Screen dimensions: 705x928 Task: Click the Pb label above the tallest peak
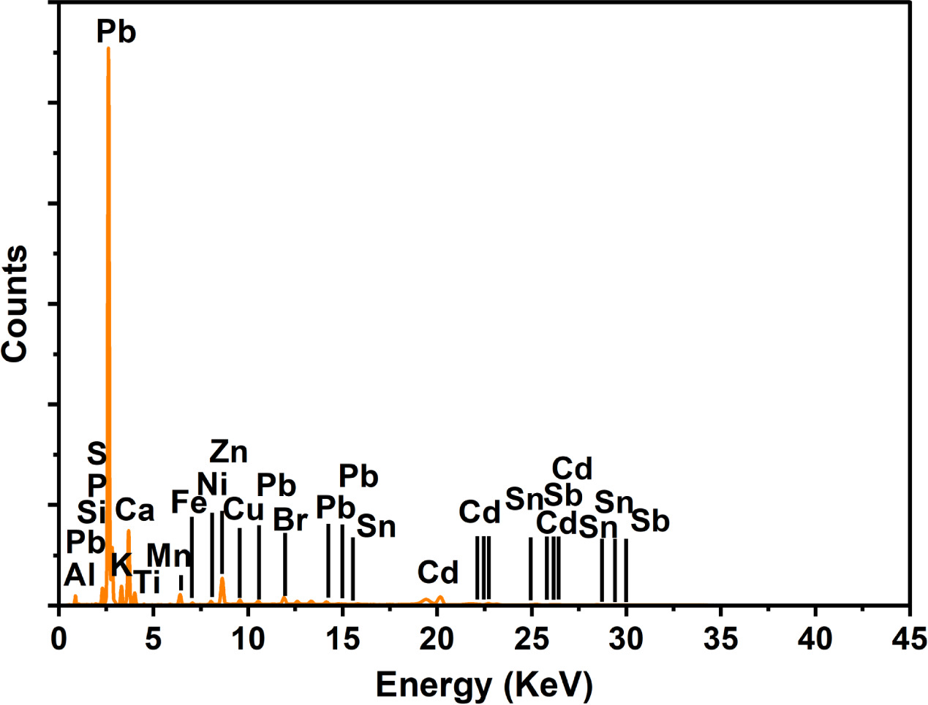coord(116,32)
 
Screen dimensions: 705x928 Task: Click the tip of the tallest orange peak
coord(108,49)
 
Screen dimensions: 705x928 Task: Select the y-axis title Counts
coord(15,303)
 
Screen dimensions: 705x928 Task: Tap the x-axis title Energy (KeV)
coord(483,685)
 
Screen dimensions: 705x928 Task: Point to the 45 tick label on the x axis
coord(909,639)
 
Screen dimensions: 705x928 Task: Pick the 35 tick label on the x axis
coord(720,639)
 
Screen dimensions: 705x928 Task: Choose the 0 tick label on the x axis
coord(59,639)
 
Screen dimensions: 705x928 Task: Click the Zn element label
coord(229,452)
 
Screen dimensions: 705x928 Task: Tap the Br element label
coord(290,520)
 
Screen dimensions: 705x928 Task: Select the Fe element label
coord(189,503)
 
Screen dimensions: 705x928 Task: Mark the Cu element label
coord(243,510)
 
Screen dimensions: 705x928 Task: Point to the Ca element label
coord(135,510)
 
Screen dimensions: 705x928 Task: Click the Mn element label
coord(169,555)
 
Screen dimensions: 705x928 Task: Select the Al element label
coord(80,576)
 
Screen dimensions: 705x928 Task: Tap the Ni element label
coord(212,483)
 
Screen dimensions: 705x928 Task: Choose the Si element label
coord(92,512)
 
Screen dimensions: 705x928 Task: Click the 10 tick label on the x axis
coord(248,639)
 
